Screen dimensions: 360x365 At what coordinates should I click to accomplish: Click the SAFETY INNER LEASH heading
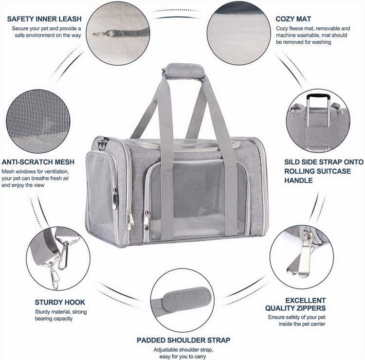coord(43,19)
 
